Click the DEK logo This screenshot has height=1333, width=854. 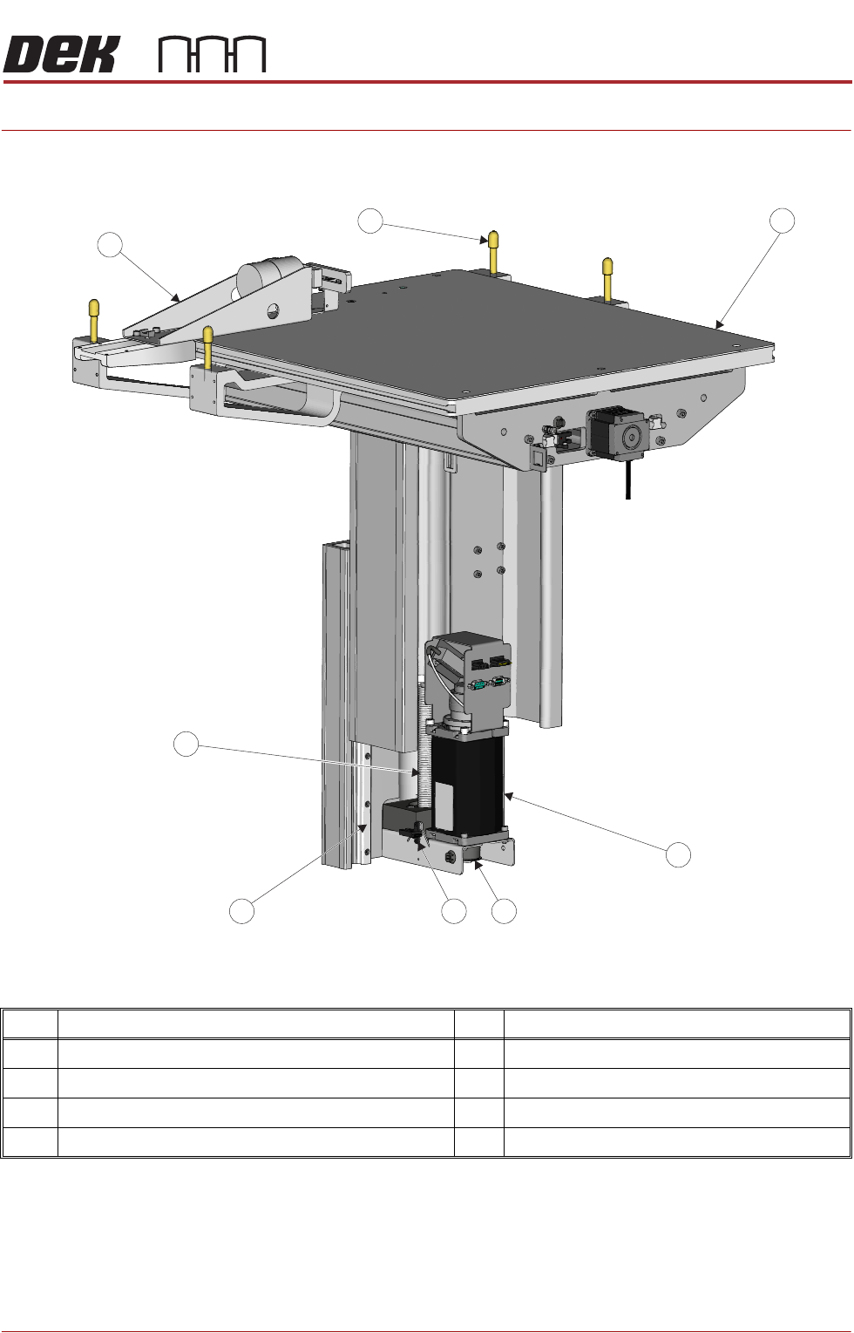click(61, 54)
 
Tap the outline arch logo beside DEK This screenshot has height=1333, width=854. click(213, 55)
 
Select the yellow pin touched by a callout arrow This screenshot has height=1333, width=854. click(493, 252)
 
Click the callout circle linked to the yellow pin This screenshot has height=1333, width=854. click(369, 221)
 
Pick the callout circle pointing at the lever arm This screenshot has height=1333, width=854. click(110, 245)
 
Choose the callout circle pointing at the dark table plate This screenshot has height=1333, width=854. click(782, 221)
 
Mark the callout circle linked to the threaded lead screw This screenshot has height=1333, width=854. click(186, 744)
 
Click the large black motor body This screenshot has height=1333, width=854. click(468, 779)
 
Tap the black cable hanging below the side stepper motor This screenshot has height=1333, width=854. click(627, 479)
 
